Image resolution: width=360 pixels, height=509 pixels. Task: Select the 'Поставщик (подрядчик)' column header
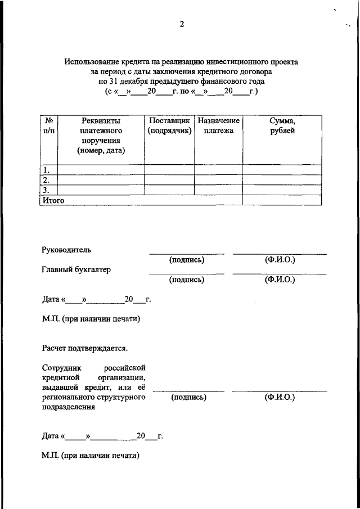point(169,125)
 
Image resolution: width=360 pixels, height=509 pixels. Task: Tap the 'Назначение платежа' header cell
point(218,125)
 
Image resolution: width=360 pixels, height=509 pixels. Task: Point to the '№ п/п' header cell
point(49,125)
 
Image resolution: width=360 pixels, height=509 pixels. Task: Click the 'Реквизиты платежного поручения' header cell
point(101,136)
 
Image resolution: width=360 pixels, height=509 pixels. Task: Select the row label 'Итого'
point(53,200)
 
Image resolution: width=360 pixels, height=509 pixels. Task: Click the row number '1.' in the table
point(47,170)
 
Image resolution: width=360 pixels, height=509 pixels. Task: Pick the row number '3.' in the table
point(47,190)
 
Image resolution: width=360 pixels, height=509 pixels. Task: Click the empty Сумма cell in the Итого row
point(282,200)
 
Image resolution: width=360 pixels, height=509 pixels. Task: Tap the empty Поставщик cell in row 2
point(169,180)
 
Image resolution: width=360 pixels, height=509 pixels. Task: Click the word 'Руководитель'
point(66,249)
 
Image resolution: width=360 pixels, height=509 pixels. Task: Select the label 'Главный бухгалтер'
point(76,269)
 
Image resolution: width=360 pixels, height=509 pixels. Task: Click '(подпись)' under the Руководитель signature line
point(186,260)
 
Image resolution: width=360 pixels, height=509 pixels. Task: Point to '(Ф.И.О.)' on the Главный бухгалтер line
point(280,280)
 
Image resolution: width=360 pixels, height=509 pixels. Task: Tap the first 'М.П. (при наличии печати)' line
point(91,319)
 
